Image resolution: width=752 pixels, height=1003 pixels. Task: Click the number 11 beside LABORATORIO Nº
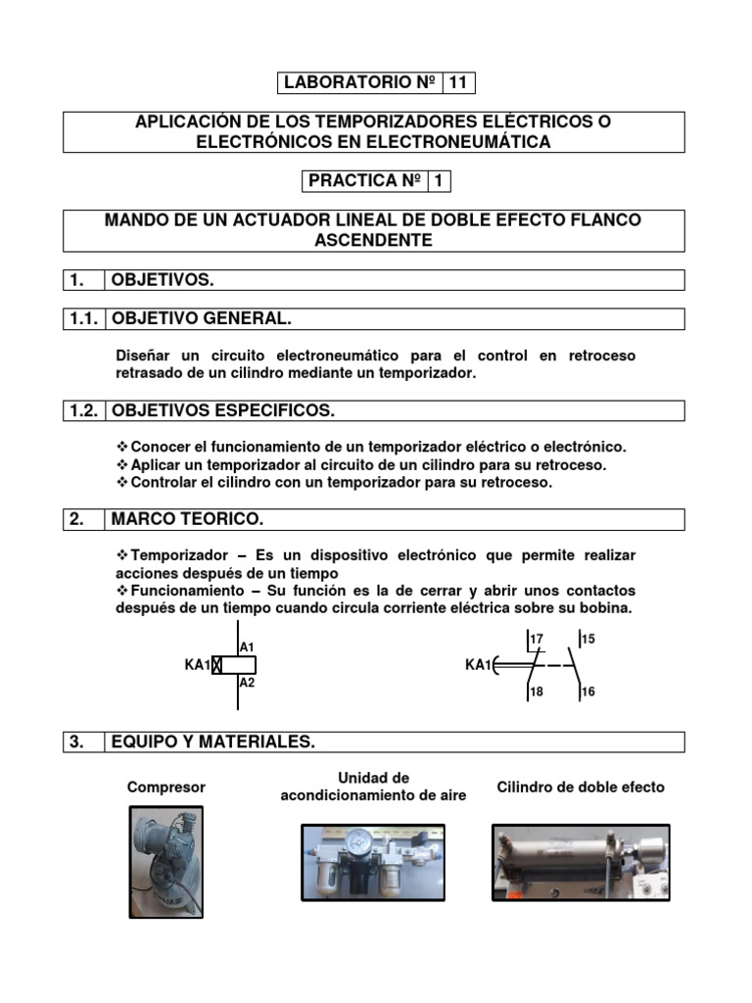[458, 83]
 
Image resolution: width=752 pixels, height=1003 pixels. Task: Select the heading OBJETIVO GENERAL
[202, 319]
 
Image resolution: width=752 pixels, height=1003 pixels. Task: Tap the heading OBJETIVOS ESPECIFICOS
[231, 409]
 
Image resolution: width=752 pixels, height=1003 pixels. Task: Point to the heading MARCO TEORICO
[188, 519]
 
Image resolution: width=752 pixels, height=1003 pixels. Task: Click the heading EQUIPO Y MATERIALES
[213, 742]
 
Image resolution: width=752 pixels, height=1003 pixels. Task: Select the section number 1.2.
[82, 409]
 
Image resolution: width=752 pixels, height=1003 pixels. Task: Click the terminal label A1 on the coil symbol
[247, 647]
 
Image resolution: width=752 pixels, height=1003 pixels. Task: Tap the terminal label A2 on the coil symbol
[247, 683]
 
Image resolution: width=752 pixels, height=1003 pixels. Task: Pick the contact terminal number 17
[536, 640]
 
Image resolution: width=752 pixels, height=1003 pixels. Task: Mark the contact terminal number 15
[587, 640]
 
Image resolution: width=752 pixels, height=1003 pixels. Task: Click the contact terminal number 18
[536, 692]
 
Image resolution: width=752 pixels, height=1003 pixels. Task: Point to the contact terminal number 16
[587, 692]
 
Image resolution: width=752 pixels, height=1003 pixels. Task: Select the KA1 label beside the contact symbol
[477, 666]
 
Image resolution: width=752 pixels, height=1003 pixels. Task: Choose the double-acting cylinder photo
[581, 862]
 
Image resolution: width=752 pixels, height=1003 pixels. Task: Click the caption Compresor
[165, 788]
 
